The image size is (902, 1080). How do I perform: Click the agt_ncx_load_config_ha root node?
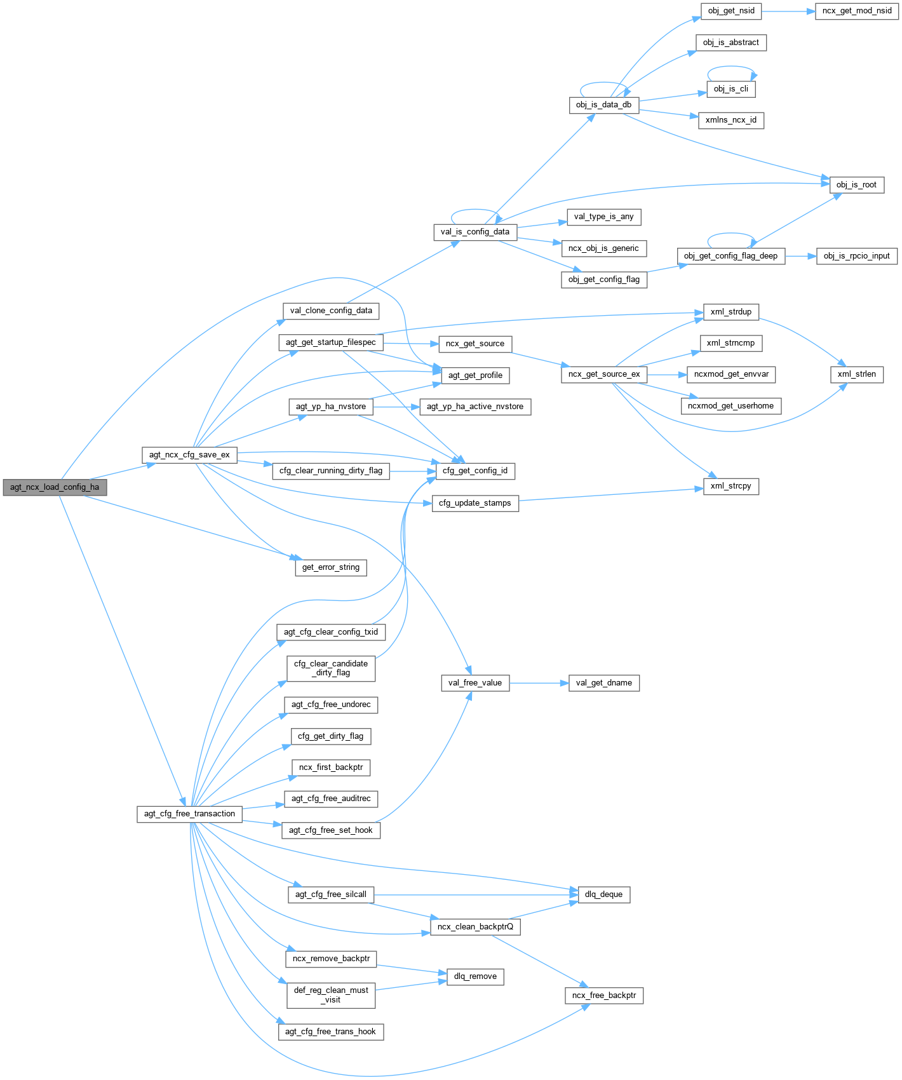(x=55, y=487)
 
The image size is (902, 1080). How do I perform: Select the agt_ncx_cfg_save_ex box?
(x=189, y=455)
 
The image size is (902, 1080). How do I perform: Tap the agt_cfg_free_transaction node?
(x=189, y=814)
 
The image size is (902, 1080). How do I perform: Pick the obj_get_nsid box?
(x=731, y=11)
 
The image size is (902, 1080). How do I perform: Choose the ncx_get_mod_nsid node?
(x=857, y=11)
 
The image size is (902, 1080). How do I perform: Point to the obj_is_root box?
(x=856, y=185)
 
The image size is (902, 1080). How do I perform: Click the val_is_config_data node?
(x=475, y=232)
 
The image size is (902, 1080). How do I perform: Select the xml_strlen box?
(x=856, y=374)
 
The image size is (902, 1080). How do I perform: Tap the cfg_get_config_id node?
(x=475, y=471)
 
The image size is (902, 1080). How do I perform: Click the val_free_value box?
(x=475, y=683)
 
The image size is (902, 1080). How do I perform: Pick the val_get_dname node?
(x=604, y=683)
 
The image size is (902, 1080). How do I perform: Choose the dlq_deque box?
(x=603, y=894)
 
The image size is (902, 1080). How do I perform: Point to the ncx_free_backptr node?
(x=604, y=996)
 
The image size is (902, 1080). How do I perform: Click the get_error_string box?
(x=331, y=567)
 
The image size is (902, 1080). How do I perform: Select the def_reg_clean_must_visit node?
(x=331, y=995)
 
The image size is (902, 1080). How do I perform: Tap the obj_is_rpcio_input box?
(x=857, y=256)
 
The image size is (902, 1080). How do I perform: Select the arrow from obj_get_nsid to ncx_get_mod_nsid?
(x=788, y=11)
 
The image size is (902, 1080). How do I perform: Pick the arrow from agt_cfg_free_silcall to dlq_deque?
(x=476, y=894)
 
